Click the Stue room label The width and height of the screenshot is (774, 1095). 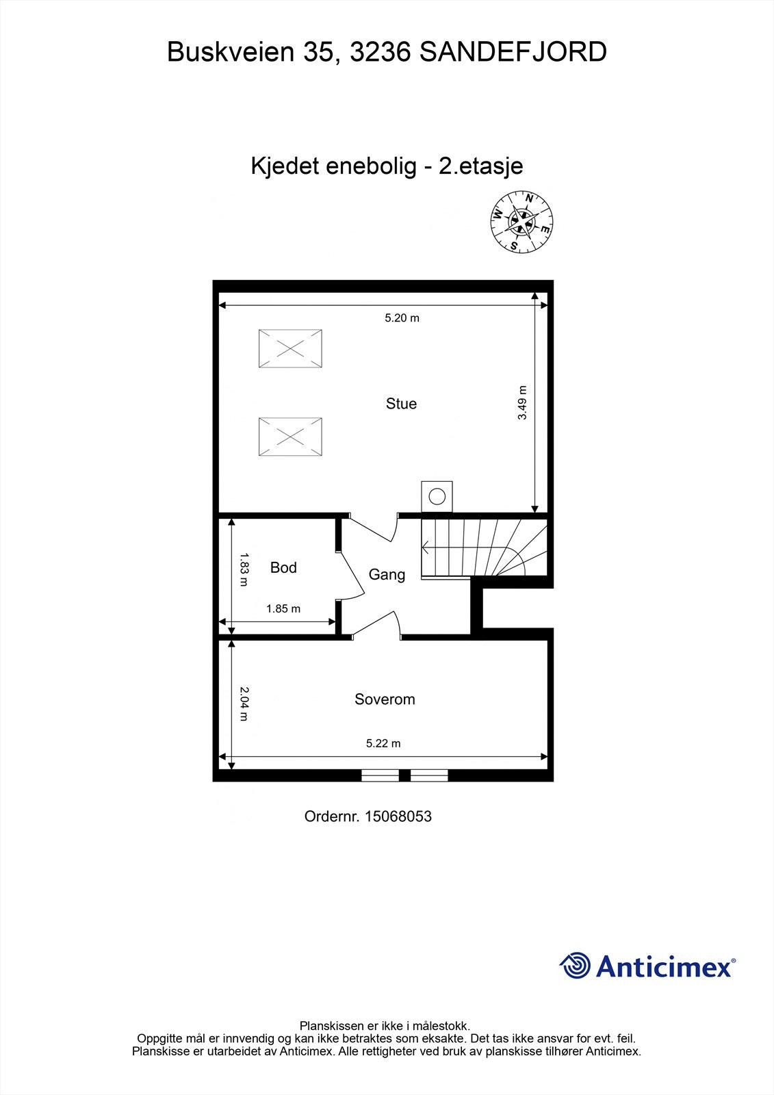click(401, 404)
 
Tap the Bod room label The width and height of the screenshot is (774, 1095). click(283, 567)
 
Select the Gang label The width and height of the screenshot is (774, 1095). click(387, 575)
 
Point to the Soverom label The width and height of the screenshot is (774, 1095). click(385, 699)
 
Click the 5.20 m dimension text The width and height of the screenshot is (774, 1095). click(402, 318)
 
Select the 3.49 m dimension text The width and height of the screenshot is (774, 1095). click(522, 403)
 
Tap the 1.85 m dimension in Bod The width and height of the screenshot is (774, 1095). click(283, 608)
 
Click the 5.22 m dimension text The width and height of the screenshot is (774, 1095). click(383, 743)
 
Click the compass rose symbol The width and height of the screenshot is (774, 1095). click(521, 221)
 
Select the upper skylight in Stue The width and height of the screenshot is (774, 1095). click(290, 348)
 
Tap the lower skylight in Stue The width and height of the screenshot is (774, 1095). click(290, 436)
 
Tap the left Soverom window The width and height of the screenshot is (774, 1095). click(380, 775)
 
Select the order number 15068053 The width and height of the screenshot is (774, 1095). click(398, 816)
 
